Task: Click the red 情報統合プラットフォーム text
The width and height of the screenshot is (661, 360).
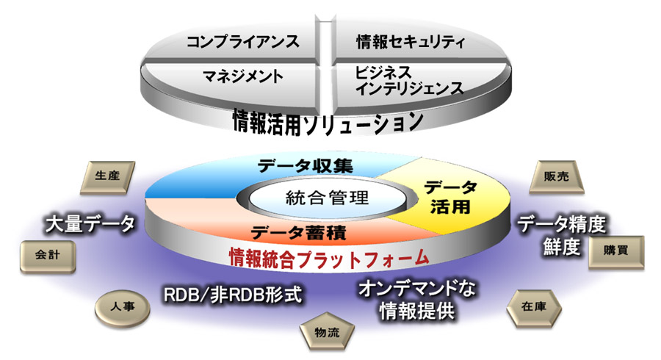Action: coord(328,257)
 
